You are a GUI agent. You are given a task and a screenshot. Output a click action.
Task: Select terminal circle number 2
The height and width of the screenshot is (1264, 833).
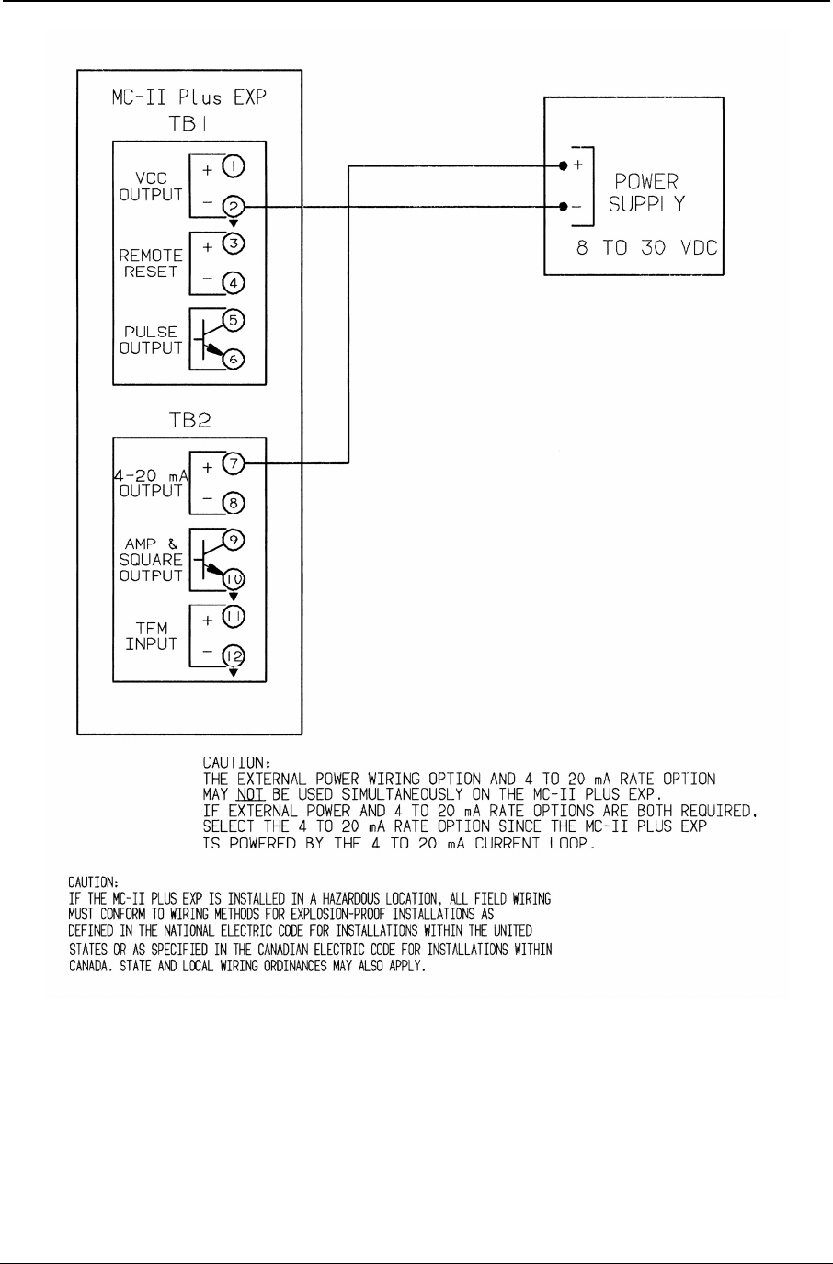pyautogui.click(x=232, y=208)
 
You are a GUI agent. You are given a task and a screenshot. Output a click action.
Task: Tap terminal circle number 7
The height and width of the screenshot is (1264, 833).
pyautogui.click(x=232, y=464)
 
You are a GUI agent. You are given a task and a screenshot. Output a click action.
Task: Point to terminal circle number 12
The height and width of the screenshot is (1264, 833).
pyautogui.click(x=232, y=656)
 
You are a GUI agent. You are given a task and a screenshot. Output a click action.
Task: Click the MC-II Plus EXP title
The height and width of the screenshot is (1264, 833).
pyautogui.click(x=188, y=99)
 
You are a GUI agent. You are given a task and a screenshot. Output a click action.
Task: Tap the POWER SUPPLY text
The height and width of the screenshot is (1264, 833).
pyautogui.click(x=646, y=193)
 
